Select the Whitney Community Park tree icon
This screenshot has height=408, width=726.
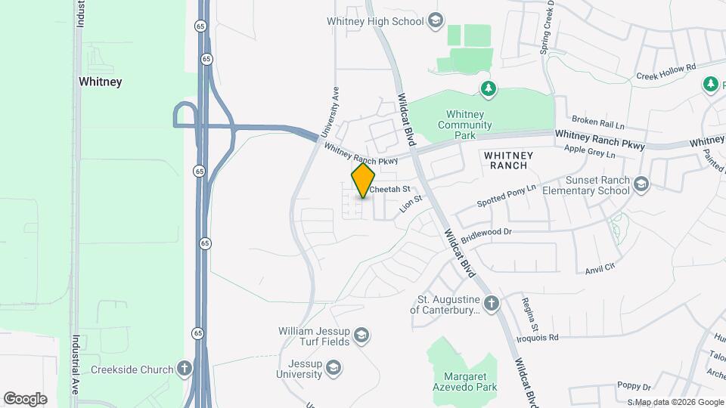[x=489, y=90]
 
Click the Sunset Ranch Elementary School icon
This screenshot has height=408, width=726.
[x=641, y=184]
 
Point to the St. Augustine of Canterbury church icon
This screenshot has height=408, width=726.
[x=492, y=304]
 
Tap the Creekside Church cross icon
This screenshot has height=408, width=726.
[x=183, y=369]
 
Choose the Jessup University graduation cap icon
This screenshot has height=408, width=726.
[x=334, y=368]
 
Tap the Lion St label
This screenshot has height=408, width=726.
[x=410, y=202]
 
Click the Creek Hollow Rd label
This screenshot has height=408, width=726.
[x=665, y=70]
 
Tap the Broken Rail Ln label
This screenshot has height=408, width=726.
[x=598, y=121]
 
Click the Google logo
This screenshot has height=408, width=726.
[x=25, y=398]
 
